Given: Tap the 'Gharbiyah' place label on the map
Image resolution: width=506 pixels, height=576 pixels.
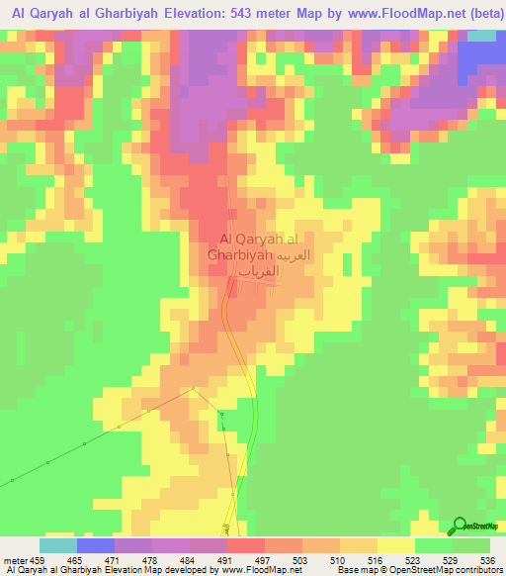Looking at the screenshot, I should pos(240,254).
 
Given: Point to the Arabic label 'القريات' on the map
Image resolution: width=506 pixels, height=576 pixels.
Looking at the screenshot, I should pos(261,269).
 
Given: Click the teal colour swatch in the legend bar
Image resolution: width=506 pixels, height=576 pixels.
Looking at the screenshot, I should pos(58,545).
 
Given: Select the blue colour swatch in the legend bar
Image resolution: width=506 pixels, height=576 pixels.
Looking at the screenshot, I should pos(96,545).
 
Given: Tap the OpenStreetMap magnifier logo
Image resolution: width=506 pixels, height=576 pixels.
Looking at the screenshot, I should pos(460,527).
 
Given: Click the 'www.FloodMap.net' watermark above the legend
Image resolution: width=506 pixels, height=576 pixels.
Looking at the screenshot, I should pos(253,529).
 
